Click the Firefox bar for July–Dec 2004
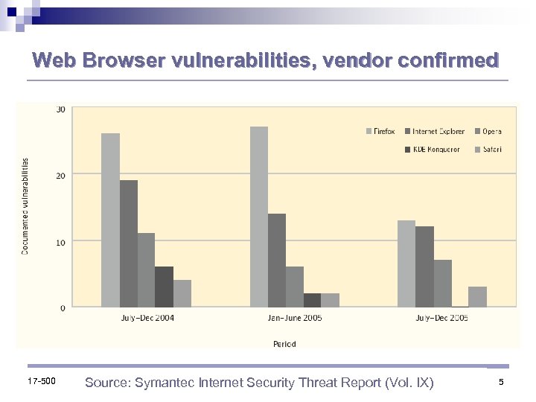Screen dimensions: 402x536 click(110, 220)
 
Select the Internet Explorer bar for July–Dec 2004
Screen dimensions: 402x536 click(128, 243)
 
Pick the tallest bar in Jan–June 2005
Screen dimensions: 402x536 click(258, 217)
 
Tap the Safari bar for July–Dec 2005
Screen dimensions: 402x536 click(477, 296)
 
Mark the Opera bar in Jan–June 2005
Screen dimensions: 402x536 click(295, 287)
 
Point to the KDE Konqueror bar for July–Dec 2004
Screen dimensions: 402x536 click(164, 287)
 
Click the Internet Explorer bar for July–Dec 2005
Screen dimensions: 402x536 click(424, 267)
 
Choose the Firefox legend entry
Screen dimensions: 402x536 click(380, 132)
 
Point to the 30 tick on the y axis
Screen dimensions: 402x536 click(60, 109)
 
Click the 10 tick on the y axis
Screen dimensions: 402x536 click(60, 242)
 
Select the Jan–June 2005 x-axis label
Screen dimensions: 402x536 click(294, 318)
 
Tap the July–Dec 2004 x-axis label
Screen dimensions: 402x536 click(147, 318)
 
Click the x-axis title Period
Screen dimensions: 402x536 click(284, 344)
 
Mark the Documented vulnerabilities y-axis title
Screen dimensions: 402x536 click(25, 205)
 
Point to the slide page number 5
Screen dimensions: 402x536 click(501, 383)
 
